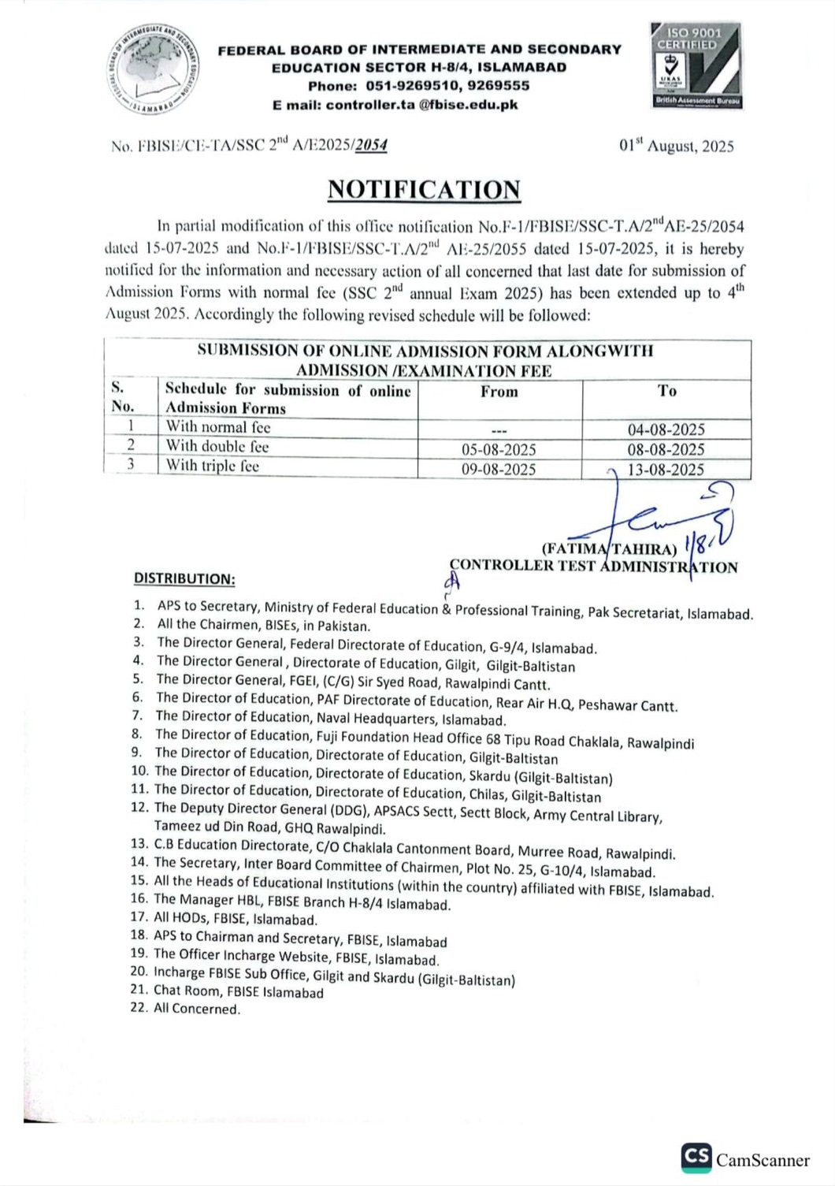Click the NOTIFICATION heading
coord(424,190)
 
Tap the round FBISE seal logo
coord(154,69)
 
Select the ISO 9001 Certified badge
coord(696,66)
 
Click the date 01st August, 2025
coord(676,147)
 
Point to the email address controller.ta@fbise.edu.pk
coord(421,105)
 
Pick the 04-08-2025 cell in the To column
coord(666,429)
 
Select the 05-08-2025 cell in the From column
coord(499,449)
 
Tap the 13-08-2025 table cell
coord(666,470)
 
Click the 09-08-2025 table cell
coord(499,470)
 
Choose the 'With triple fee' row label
coord(212,466)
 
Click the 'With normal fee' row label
coord(217,427)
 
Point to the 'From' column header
coord(499,392)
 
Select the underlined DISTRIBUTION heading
coord(184,578)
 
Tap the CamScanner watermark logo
coord(745,1158)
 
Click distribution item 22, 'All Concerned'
coord(196,1009)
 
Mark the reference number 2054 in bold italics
coord(370,145)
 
